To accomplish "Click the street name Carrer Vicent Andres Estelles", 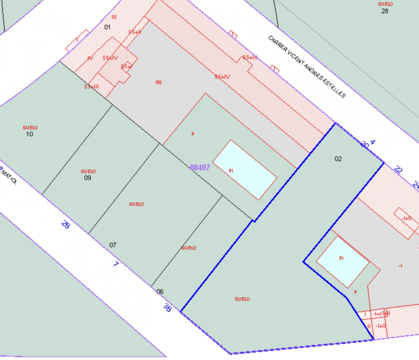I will pyautogui.click(x=307, y=66).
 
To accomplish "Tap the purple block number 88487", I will pyautogui.click(x=200, y=167).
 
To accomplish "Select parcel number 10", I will pyautogui.click(x=29, y=134).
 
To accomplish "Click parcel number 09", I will pyautogui.click(x=88, y=178).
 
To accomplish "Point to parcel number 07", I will pyautogui.click(x=112, y=245).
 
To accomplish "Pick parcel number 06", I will pyautogui.click(x=160, y=291).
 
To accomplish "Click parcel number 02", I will pyautogui.click(x=338, y=159).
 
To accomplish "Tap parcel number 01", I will pyautogui.click(x=107, y=27).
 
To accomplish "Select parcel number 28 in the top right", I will pyautogui.click(x=384, y=11).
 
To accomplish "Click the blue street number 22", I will pyautogui.click(x=398, y=170).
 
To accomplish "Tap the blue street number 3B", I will pyautogui.click(x=168, y=307).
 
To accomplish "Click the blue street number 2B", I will pyautogui.click(x=65, y=224).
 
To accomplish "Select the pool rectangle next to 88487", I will pyautogui.click(x=244, y=170).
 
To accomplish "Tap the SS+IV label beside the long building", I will pyautogui.click(x=222, y=77).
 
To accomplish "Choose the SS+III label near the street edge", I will pyautogui.click(x=250, y=57).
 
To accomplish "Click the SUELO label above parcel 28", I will pyautogui.click(x=385, y=4).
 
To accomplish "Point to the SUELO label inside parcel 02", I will pyautogui.click(x=242, y=299).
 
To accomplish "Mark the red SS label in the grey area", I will pyautogui.click(x=159, y=82).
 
